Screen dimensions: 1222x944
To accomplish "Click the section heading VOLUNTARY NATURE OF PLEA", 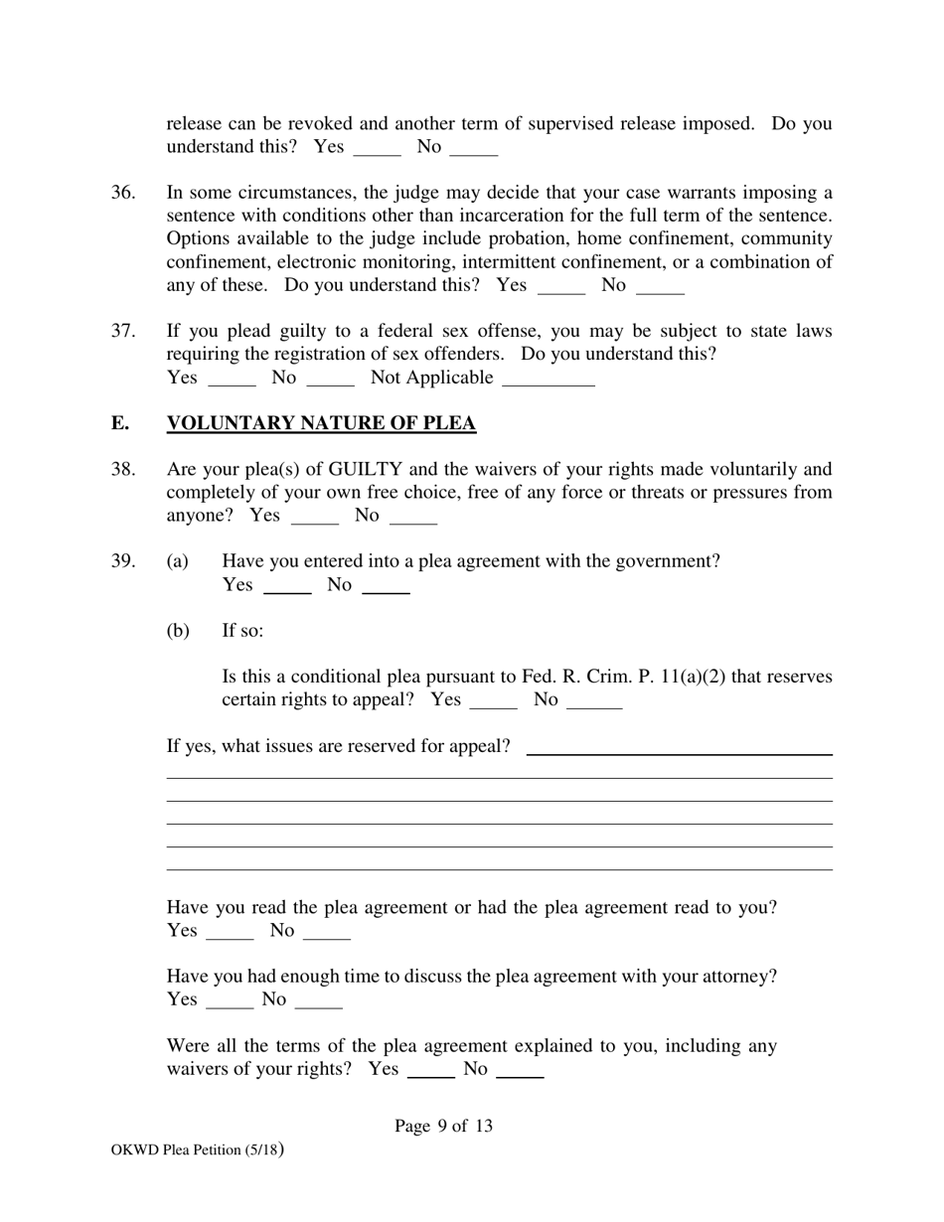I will (321, 424).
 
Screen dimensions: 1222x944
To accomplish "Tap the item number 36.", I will (123, 193).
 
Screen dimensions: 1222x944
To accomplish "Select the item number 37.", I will (123, 331).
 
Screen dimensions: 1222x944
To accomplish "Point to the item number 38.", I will (123, 469).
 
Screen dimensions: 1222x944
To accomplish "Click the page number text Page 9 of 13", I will (443, 1127).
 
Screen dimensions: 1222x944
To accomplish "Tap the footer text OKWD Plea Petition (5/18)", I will (198, 1150).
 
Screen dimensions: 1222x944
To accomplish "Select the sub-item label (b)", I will (178, 631).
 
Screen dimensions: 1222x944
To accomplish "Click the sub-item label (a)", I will (178, 561).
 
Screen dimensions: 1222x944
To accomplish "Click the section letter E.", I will (119, 424).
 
